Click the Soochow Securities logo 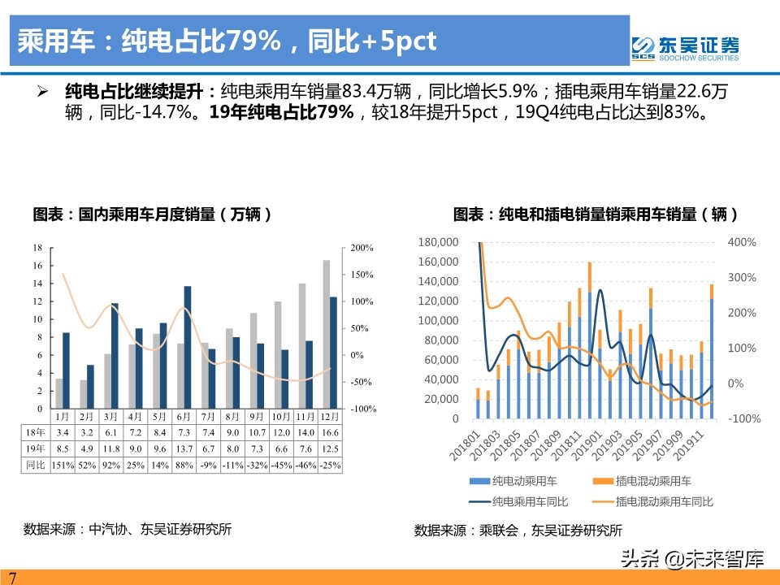click(x=686, y=47)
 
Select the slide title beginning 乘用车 click(x=227, y=41)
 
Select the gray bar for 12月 click(x=326, y=334)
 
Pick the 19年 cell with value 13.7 click(x=187, y=448)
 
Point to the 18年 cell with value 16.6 click(x=331, y=432)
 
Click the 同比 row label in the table click(x=34, y=465)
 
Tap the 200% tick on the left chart click(x=362, y=248)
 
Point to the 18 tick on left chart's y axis click(x=37, y=248)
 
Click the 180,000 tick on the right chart click(x=438, y=242)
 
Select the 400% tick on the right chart click(x=743, y=242)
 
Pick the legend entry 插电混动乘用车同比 click(x=663, y=502)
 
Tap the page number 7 click(x=12, y=578)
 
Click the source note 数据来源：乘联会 click(x=518, y=531)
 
